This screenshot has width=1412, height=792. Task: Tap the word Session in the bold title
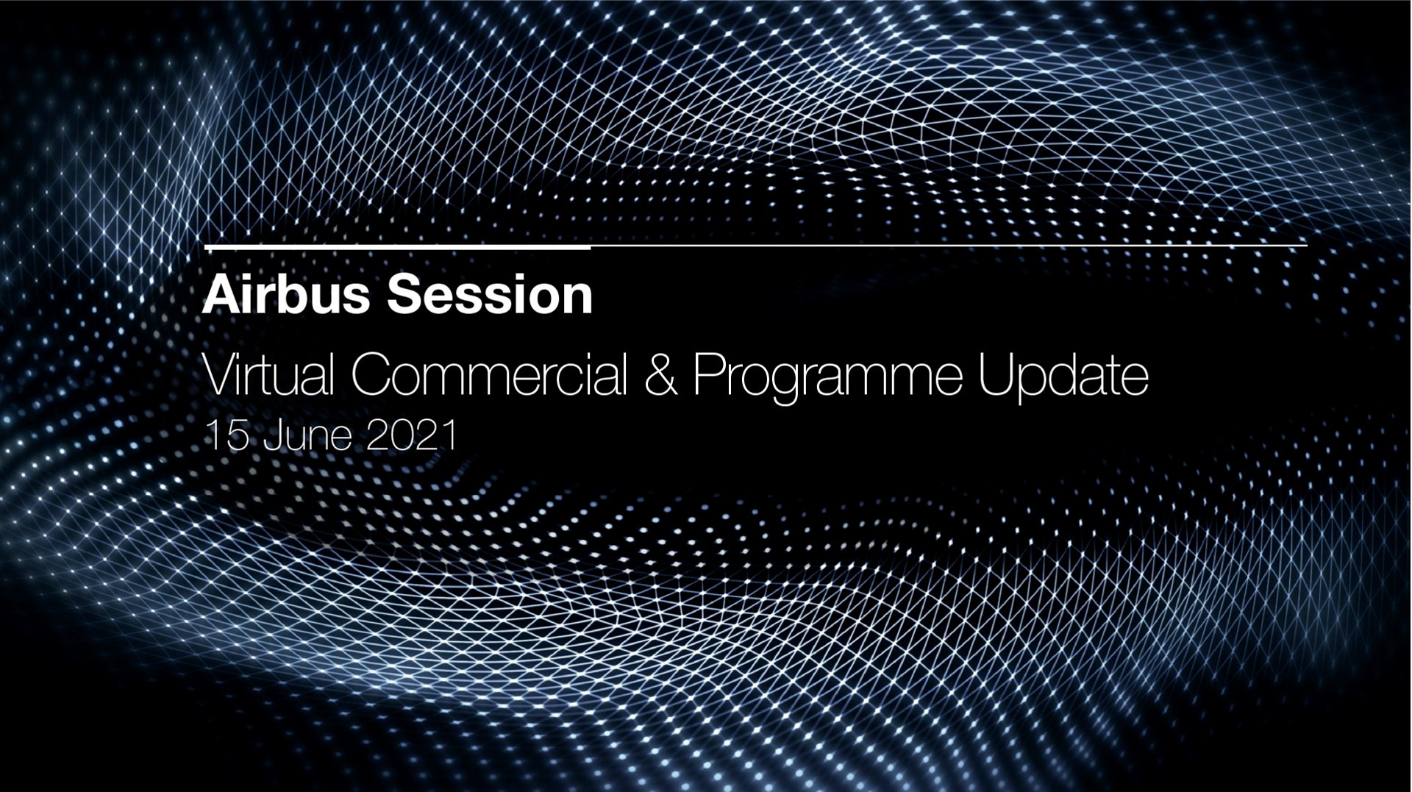pyautogui.click(x=490, y=294)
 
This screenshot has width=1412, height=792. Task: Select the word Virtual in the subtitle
pyautogui.click(x=268, y=375)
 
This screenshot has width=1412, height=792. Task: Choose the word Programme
pyautogui.click(x=828, y=379)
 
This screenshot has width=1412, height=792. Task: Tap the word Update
pyautogui.click(x=1063, y=379)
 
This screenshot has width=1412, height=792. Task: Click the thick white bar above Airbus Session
pyautogui.click(x=397, y=247)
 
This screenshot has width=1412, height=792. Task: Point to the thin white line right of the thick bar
pyautogui.click(x=949, y=246)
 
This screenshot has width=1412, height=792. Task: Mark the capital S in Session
pyautogui.click(x=404, y=294)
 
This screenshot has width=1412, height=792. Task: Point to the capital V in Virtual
pyautogui.click(x=222, y=376)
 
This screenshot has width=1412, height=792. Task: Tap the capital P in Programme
pyautogui.click(x=710, y=376)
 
